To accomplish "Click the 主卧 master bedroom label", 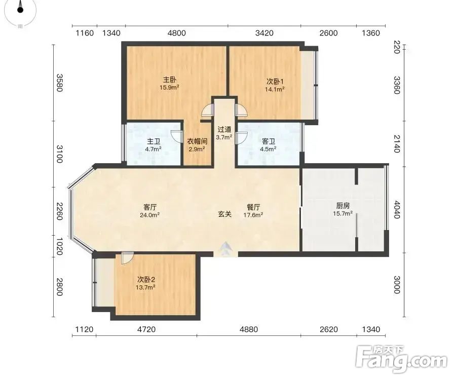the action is click(169, 80).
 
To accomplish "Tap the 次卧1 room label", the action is click(275, 82).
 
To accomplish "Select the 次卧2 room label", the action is click(146, 280).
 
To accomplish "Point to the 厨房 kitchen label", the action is click(343, 206).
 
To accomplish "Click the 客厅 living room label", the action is click(150, 207).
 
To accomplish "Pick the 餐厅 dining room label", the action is click(253, 207).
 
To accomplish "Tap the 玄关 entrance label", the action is click(225, 214).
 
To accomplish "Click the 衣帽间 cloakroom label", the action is click(197, 141).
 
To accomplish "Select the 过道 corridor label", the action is click(224, 129).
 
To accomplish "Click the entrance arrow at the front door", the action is click(226, 248).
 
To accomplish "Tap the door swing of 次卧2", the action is click(127, 257).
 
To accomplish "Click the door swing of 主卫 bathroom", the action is click(177, 136).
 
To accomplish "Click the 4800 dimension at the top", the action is click(176, 33).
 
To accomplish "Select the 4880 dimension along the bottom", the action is click(249, 329).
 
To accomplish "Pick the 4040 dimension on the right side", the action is click(397, 209).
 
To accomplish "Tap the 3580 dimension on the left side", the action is click(59, 83).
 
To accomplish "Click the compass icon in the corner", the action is click(20, 11).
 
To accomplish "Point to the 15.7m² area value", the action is click(343, 214).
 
